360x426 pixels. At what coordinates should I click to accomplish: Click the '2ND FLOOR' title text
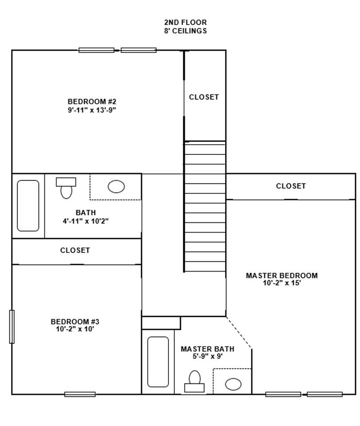(x=185, y=22)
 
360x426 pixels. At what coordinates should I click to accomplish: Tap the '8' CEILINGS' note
(x=185, y=31)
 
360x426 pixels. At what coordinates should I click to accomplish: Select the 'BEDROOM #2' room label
(x=92, y=101)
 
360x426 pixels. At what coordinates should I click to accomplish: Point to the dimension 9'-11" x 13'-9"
(x=92, y=110)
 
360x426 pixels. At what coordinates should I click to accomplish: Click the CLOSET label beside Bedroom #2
(x=204, y=97)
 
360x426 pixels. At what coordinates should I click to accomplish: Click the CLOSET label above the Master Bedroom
(x=291, y=186)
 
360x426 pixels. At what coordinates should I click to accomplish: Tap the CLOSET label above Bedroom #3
(x=75, y=250)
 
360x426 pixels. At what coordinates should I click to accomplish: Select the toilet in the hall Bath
(x=66, y=188)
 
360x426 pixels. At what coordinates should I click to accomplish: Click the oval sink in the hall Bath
(x=116, y=187)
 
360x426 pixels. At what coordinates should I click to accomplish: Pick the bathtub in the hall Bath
(x=28, y=205)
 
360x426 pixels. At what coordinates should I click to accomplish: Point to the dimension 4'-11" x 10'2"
(x=86, y=221)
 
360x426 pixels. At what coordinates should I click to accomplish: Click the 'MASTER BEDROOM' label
(x=282, y=276)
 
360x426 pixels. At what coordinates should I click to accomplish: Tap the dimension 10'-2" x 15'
(x=282, y=283)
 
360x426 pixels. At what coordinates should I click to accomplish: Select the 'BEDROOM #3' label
(x=72, y=322)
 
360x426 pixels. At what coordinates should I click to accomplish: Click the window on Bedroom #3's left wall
(x=12, y=327)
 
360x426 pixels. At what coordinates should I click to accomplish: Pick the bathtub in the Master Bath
(x=158, y=362)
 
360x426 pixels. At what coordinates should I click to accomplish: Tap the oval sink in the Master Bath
(x=233, y=383)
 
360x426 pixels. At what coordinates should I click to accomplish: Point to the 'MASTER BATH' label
(x=207, y=349)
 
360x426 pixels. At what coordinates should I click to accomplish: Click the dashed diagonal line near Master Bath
(x=239, y=332)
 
